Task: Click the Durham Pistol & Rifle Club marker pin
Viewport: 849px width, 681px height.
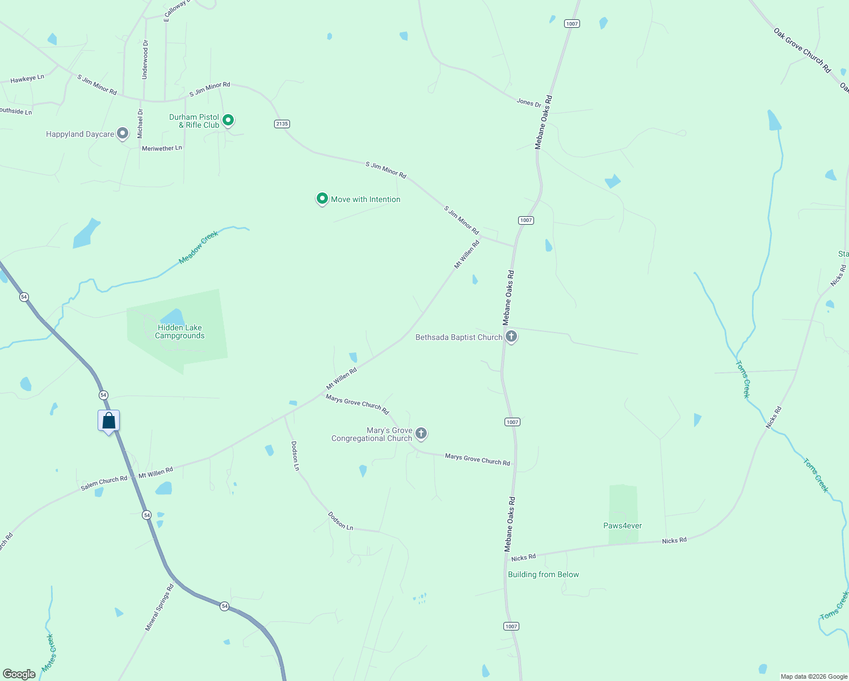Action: tap(228, 120)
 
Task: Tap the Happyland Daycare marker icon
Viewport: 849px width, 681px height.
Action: tap(122, 134)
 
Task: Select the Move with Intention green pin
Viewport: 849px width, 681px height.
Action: tap(322, 199)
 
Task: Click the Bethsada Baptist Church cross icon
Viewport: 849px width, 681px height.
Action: tap(511, 337)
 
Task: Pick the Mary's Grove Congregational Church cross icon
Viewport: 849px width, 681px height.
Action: tap(421, 434)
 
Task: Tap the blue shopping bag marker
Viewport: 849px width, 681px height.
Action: tap(109, 421)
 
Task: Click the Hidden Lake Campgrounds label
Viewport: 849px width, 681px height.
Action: tap(180, 332)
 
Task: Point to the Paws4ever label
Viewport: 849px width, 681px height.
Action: tap(623, 526)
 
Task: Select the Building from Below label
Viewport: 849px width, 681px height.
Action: tap(543, 574)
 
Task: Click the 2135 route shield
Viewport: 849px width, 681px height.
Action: tap(282, 124)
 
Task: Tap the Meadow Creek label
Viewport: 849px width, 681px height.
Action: tap(198, 247)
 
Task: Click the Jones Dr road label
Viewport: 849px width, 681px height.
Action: tap(529, 103)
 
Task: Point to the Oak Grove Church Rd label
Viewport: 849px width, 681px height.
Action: tap(802, 50)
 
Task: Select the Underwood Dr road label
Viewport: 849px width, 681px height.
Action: tap(145, 60)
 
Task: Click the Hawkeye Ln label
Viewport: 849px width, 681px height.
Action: tap(27, 79)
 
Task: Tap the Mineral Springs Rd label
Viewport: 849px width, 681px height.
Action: tap(159, 608)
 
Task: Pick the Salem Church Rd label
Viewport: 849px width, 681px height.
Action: tap(104, 483)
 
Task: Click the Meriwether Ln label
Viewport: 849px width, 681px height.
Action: tap(162, 148)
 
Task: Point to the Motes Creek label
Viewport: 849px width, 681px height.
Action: tap(49, 653)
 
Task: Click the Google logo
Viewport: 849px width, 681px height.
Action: tap(19, 674)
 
